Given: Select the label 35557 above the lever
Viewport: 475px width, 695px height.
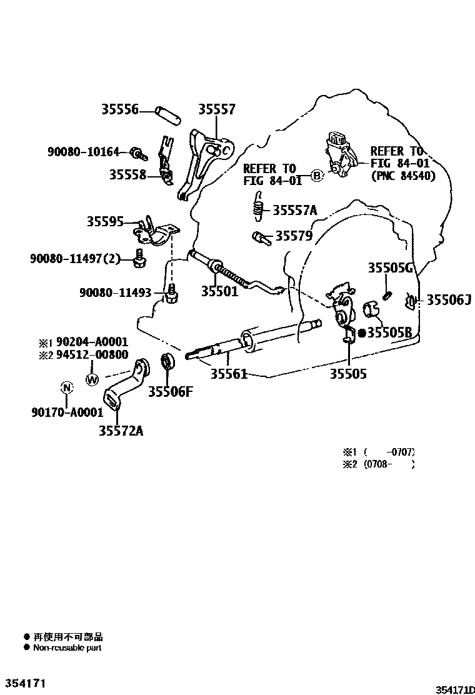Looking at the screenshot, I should (217, 109).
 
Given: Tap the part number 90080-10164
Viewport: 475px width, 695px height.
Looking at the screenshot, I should (83, 152).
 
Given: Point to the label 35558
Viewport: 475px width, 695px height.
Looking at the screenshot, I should (127, 175).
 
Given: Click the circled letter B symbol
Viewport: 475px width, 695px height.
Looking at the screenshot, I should (316, 176).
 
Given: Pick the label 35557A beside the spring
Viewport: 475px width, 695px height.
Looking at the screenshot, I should (294, 211).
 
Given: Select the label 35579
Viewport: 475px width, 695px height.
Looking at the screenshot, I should (294, 236).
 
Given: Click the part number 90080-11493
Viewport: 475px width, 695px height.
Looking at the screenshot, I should (116, 292).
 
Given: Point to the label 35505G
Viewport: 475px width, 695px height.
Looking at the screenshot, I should (391, 269).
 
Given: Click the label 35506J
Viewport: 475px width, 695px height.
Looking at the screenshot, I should (449, 301).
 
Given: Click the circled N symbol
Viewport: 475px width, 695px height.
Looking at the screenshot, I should (66, 388).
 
